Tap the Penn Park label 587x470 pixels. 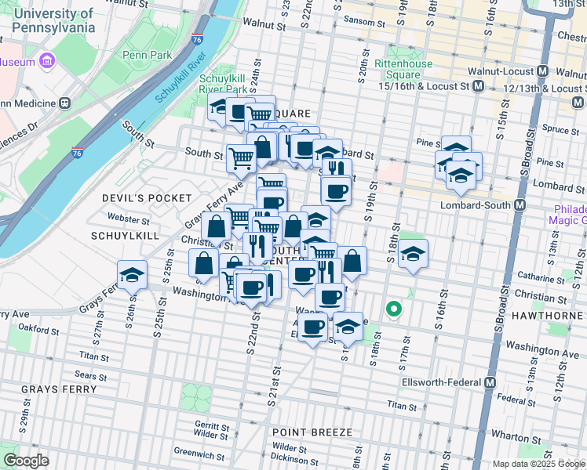(x=141, y=55)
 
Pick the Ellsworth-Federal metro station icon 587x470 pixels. (x=490, y=382)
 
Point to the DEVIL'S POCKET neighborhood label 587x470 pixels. (x=147, y=198)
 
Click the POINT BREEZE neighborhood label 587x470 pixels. (x=309, y=432)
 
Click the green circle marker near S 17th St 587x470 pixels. (x=394, y=310)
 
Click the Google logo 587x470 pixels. (x=25, y=461)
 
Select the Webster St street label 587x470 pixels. (x=128, y=221)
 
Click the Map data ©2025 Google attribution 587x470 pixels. (x=538, y=464)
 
